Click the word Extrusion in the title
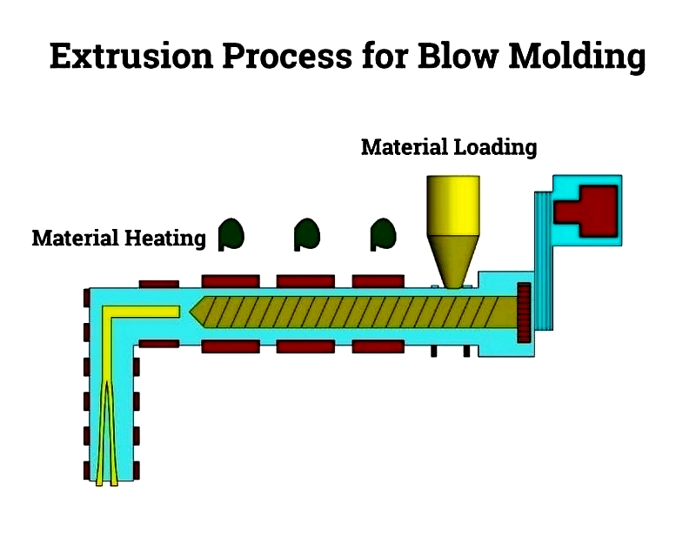click(x=132, y=56)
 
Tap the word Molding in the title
click(x=577, y=57)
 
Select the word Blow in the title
click(x=458, y=56)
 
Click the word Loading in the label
click(x=495, y=147)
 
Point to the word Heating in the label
click(x=165, y=239)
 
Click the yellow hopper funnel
click(x=452, y=232)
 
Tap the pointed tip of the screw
click(x=191, y=312)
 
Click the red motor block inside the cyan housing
click(x=586, y=211)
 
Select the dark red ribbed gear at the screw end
click(x=525, y=313)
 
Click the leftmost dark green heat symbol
click(x=231, y=234)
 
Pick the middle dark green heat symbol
click(x=307, y=234)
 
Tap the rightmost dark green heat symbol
click(x=383, y=234)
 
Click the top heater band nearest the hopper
click(x=378, y=281)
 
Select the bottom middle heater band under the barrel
click(x=305, y=346)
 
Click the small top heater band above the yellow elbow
click(x=159, y=285)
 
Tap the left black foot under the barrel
click(x=433, y=351)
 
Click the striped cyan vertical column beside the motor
click(x=544, y=261)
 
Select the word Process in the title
click(x=287, y=56)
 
